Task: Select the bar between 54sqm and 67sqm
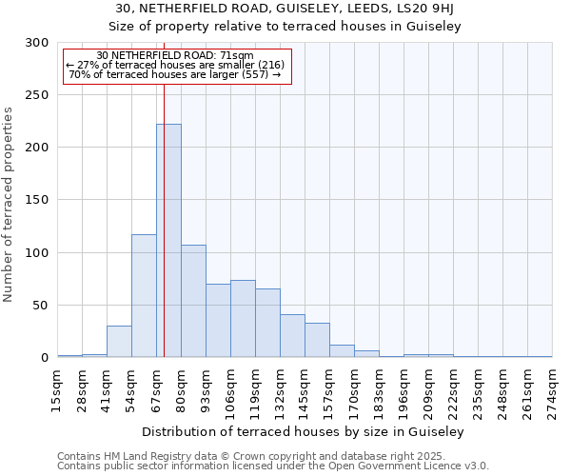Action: point(144,296)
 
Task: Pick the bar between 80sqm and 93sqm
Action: point(193,301)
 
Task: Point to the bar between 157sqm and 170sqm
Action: point(342,351)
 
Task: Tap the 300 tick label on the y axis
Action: point(36,43)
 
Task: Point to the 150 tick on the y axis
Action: point(36,200)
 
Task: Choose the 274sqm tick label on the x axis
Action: point(553,390)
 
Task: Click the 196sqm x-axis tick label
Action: point(404,390)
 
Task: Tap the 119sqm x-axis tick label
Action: point(256,390)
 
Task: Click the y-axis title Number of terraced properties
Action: point(9,205)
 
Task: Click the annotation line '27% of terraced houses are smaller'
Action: point(175,65)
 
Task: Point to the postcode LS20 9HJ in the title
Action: point(427,9)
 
